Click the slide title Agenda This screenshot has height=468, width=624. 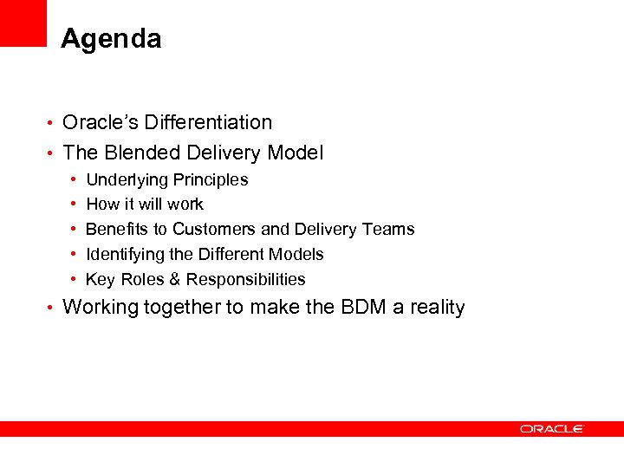111,39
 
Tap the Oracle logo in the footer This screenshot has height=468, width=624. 552,428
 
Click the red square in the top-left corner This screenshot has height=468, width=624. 23,23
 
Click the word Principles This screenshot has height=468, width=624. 210,180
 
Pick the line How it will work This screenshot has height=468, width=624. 145,205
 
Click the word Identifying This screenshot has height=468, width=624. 126,254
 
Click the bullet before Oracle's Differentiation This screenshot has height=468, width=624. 51,123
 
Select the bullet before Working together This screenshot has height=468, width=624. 51,308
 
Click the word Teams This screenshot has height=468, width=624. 391,229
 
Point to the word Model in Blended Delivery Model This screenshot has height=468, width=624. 296,153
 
